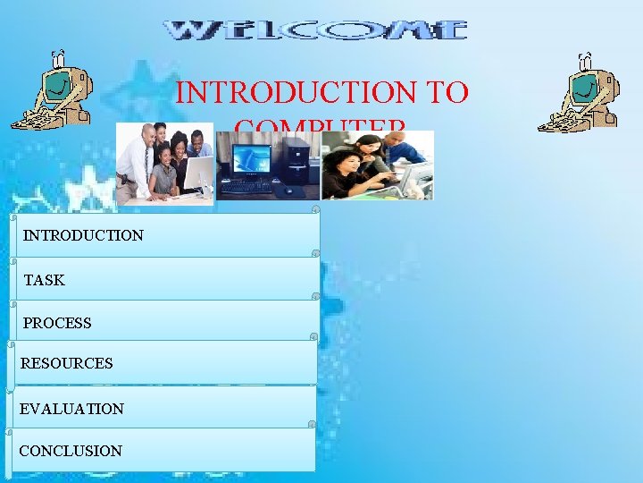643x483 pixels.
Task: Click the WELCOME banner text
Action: click(316, 30)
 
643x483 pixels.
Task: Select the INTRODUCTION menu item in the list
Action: click(83, 235)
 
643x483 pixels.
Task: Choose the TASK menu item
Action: click(45, 280)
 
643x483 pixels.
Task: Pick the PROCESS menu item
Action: click(57, 323)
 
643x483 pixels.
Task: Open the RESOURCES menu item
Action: click(66, 363)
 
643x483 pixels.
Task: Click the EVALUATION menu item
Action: click(71, 408)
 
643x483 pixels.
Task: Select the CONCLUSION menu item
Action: click(71, 451)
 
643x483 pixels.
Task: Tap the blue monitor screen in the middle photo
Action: click(251, 159)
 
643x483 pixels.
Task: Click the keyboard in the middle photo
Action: click(246, 188)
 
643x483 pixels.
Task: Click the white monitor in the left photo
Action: click(198, 173)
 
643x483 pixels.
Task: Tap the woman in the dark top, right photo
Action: click(348, 174)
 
